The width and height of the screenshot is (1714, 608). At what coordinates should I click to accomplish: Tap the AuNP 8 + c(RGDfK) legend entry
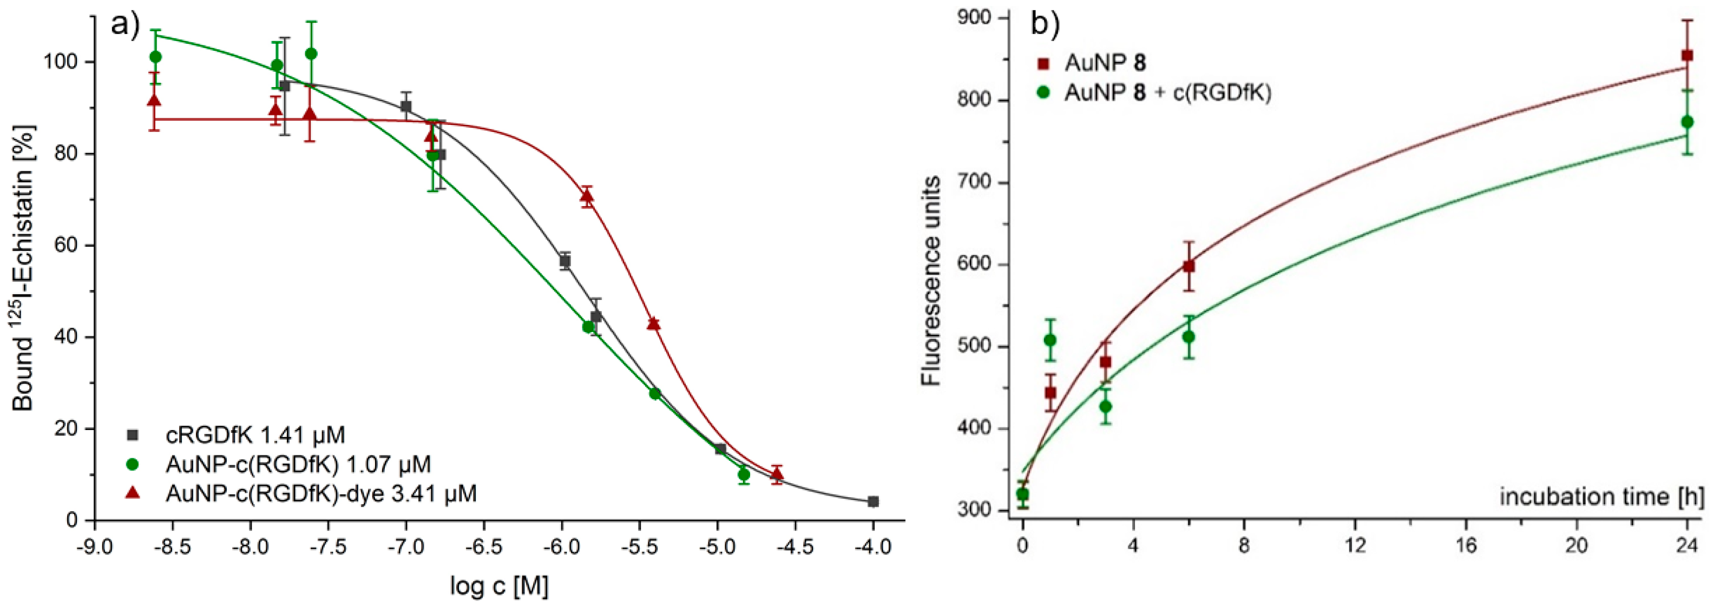[x=1168, y=92]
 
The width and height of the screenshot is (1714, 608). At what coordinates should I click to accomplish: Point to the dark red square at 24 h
[x=1687, y=55]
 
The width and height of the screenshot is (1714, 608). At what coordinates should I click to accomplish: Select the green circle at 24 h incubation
[x=1687, y=122]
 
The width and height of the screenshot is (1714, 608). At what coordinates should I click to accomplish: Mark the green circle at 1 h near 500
[x=1050, y=340]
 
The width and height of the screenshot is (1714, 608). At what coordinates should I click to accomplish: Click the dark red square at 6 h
[x=1188, y=266]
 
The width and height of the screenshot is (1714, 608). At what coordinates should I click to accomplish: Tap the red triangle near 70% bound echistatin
[x=586, y=196]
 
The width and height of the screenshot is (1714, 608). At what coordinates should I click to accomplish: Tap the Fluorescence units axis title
[x=931, y=280]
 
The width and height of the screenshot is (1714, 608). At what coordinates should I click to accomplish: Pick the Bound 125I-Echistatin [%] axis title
[x=23, y=266]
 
